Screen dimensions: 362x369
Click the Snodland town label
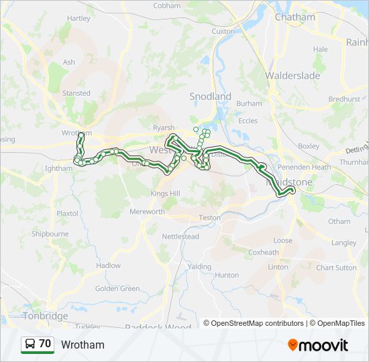tap(210, 97)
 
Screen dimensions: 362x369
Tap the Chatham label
tap(295, 17)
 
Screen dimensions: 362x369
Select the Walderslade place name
tap(293, 76)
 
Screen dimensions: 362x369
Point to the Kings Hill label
tap(165, 194)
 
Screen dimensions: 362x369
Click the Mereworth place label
tap(147, 212)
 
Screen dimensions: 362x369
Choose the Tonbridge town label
tap(46, 316)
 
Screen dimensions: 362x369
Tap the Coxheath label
tap(264, 253)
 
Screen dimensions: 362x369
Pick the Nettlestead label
tap(180, 237)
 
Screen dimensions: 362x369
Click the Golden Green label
tap(117, 289)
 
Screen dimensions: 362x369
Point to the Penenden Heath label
tap(305, 167)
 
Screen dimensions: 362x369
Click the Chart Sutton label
tap(336, 267)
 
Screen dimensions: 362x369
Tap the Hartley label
tap(78, 18)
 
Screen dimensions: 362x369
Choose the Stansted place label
tap(76, 93)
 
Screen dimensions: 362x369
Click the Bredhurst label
tap(344, 99)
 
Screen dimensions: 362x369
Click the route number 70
tap(45, 344)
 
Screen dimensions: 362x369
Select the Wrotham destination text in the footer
tap(83, 345)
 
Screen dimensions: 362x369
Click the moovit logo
tap(318, 345)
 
